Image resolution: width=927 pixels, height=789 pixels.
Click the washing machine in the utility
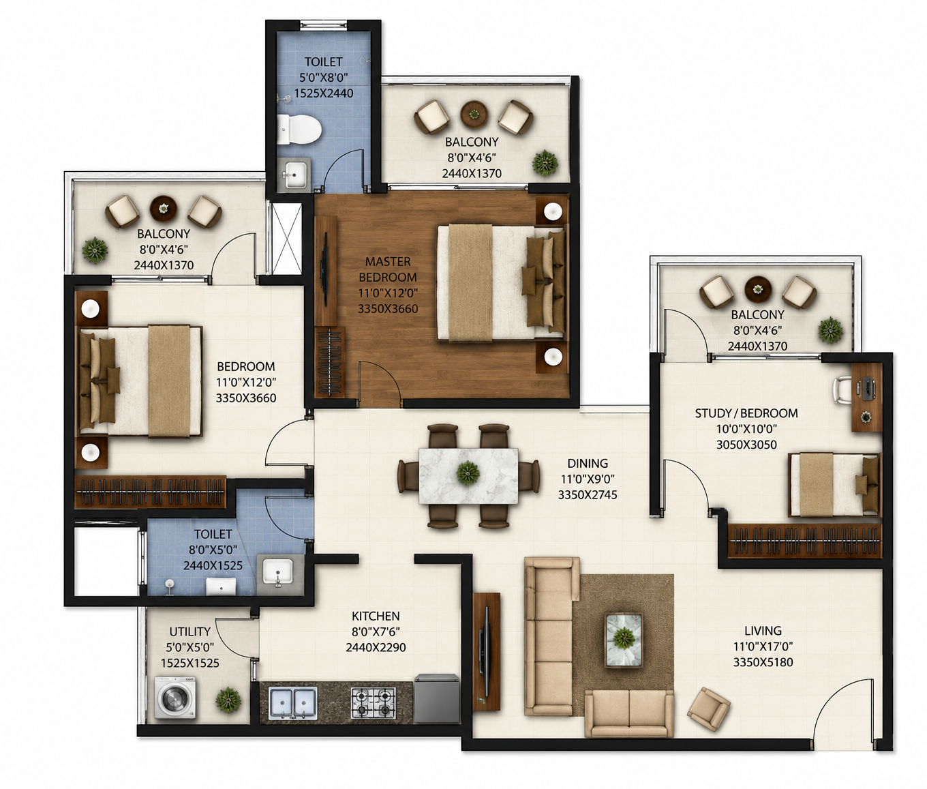[175, 698]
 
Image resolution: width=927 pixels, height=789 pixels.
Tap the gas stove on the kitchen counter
[373, 703]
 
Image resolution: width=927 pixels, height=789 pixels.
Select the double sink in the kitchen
[292, 703]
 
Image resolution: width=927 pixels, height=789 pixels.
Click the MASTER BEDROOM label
[388, 269]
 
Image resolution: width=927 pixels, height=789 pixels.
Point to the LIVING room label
[763, 631]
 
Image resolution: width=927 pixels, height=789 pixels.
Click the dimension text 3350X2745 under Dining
[588, 494]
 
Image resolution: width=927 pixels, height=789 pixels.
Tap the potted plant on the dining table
[468, 472]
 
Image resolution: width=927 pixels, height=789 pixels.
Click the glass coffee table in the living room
[624, 639]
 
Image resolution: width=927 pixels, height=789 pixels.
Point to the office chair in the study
[843, 390]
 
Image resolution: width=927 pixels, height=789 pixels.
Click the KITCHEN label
[376, 616]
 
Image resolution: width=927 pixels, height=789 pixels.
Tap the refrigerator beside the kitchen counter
[437, 698]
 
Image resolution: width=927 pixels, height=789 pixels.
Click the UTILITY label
[189, 631]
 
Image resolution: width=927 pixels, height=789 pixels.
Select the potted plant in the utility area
[228, 700]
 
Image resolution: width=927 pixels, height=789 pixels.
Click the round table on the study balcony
[758, 289]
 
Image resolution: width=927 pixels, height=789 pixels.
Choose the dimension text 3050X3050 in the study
[746, 445]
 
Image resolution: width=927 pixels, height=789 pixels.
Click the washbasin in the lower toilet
[277, 571]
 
